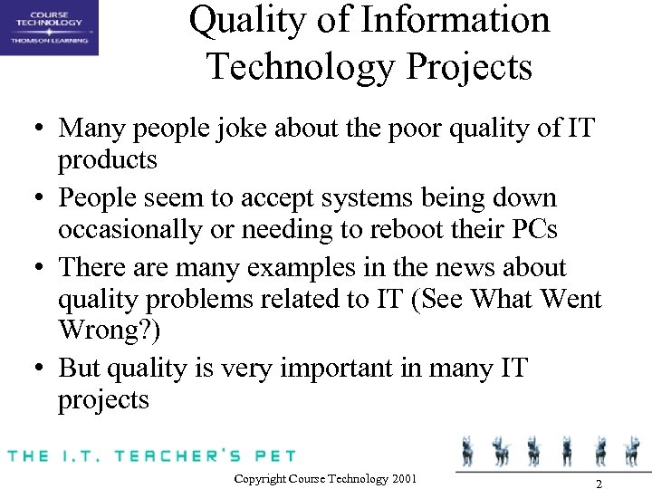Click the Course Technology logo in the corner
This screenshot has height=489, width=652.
(x=49, y=27)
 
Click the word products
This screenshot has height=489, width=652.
(x=108, y=160)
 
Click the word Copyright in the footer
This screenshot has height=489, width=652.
(x=260, y=478)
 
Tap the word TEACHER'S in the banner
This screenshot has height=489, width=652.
(x=175, y=455)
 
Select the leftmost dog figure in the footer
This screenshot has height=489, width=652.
(x=468, y=450)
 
